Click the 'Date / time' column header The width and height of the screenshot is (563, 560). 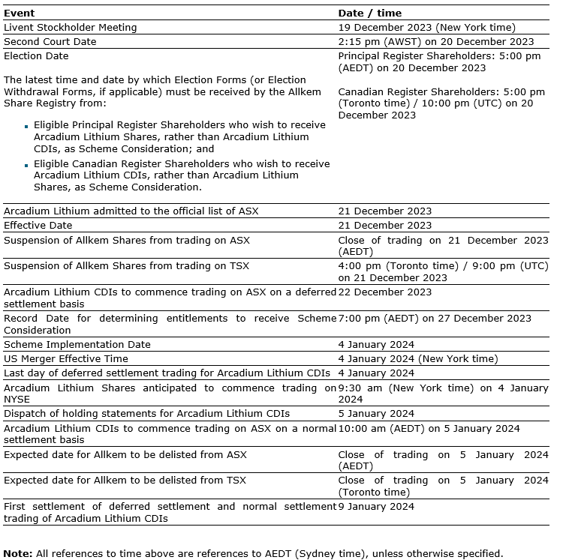(x=369, y=13)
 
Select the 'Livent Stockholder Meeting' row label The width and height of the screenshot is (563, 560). (x=71, y=28)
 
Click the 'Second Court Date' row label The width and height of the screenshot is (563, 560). (x=50, y=42)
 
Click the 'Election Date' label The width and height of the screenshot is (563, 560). (x=36, y=56)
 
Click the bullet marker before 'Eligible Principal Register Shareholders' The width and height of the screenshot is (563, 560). (x=26, y=126)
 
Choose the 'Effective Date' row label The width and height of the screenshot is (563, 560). (x=38, y=226)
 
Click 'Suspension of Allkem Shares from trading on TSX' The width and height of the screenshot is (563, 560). (x=126, y=266)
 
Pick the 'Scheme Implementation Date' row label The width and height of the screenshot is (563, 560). (x=77, y=345)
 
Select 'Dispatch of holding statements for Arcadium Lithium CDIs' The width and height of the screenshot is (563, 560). (x=146, y=414)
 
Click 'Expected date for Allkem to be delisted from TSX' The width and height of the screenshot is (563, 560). (x=125, y=481)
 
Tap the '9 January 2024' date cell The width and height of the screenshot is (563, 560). (x=376, y=507)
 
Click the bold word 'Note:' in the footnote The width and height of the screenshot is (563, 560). (x=18, y=554)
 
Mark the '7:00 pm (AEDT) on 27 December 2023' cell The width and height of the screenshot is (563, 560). (x=435, y=319)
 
